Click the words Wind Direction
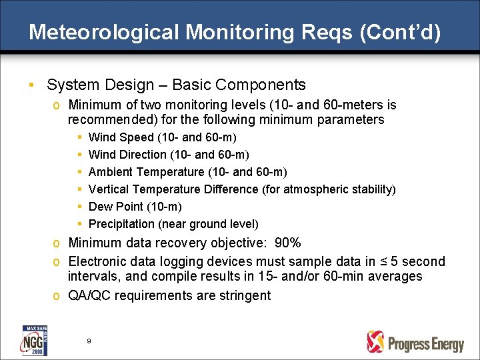pyautogui.click(x=127, y=155)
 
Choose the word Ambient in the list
pyautogui.click(x=111, y=172)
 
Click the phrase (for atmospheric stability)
pyautogui.click(x=339, y=189)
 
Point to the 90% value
pyautogui.click(x=292, y=243)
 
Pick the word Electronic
pyautogui.click(x=99, y=261)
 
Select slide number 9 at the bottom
pyautogui.click(x=89, y=341)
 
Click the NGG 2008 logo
pyautogui.click(x=34, y=340)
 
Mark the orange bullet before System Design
pyautogui.click(x=31, y=86)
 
